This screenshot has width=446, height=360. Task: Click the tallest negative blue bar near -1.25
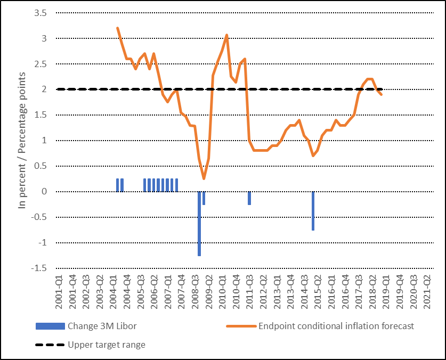coord(199,224)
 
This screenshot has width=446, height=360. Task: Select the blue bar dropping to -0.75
coord(313,211)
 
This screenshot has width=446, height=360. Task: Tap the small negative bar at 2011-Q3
coord(249,198)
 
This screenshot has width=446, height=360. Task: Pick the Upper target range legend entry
coord(106,345)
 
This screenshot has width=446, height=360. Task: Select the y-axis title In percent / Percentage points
coord(22,140)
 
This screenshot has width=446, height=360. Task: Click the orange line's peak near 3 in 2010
coord(227,35)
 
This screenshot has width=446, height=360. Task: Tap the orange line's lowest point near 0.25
coord(204,178)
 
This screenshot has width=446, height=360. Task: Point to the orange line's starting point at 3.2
coord(117,28)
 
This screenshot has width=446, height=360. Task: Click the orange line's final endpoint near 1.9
coord(381,95)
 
